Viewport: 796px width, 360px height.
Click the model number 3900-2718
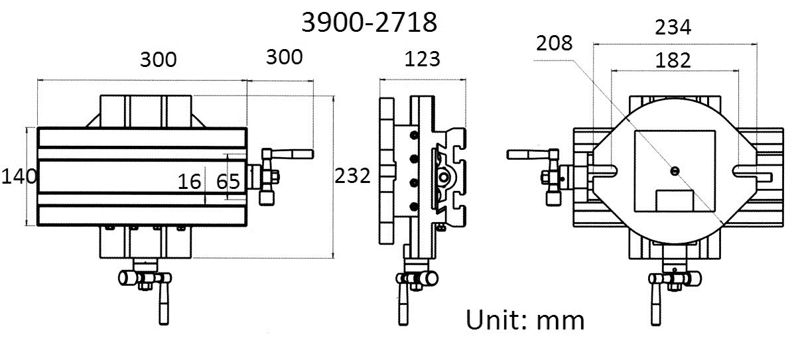click(369, 23)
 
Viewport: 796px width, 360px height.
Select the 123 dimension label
click(422, 59)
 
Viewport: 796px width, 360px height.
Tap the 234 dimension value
click(673, 27)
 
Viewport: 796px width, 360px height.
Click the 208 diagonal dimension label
click(555, 44)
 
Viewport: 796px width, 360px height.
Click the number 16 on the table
click(189, 181)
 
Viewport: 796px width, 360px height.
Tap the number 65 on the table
click(228, 181)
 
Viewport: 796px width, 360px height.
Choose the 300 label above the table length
click(159, 59)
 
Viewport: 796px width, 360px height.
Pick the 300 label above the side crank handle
click(284, 57)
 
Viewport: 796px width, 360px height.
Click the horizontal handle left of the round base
click(527, 155)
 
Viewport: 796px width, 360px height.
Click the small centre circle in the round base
click(674, 171)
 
